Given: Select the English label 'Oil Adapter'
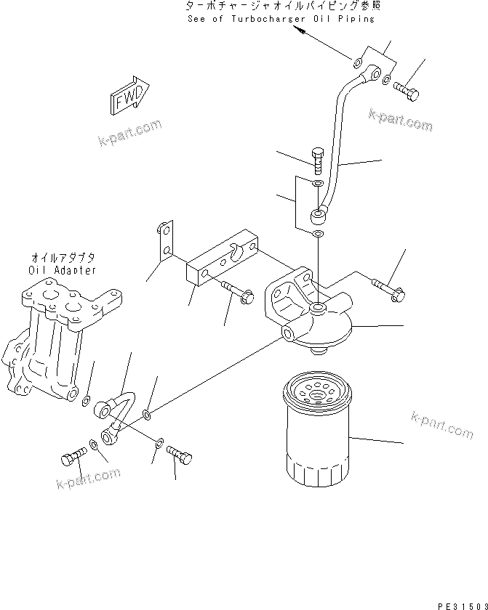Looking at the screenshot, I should (63, 270).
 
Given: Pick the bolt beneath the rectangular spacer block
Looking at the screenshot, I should (237, 291).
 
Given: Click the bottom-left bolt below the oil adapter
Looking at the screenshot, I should (71, 458).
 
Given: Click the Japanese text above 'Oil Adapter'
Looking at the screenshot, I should (63, 258).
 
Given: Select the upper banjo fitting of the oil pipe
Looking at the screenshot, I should (372, 73).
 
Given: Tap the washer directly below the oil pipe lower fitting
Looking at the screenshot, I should (319, 234).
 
